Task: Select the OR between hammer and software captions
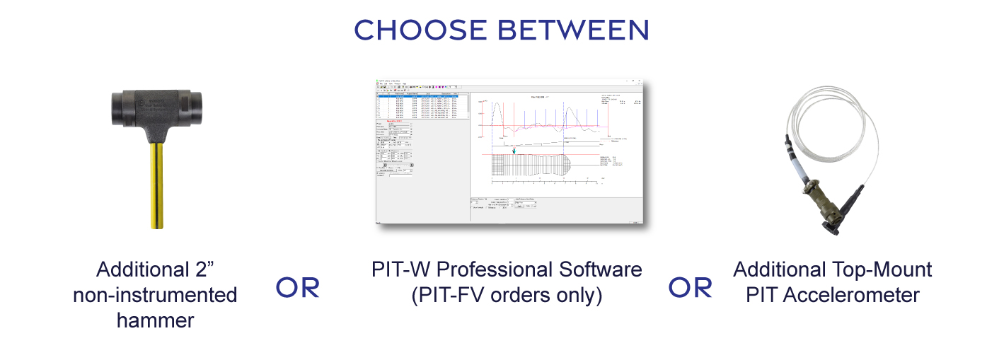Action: (x=297, y=287)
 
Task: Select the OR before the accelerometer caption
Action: (x=691, y=287)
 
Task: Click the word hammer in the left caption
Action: (x=155, y=320)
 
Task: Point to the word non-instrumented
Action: (x=155, y=294)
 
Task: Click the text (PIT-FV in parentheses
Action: (x=446, y=294)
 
